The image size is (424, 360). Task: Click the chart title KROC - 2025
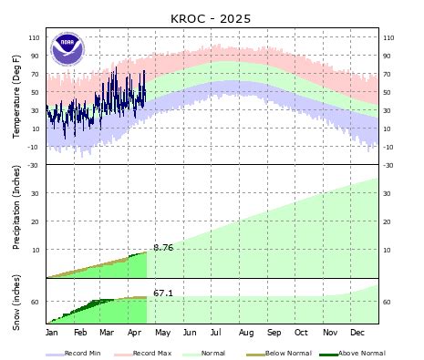pyautogui.click(x=211, y=18)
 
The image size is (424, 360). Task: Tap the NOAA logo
pyautogui.click(x=67, y=48)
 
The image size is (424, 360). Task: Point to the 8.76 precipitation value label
pyautogui.click(x=163, y=248)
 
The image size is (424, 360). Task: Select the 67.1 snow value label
pyautogui.click(x=163, y=293)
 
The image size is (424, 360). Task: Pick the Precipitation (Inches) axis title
pyautogui.click(x=16, y=221)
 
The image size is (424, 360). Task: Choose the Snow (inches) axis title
pyautogui.click(x=16, y=301)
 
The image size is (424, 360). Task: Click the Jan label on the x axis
pyautogui.click(x=53, y=334)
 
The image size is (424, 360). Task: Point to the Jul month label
pyautogui.click(x=218, y=334)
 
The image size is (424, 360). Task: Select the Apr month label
pyautogui.click(x=134, y=334)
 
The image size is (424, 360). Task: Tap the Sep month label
pyautogui.click(x=274, y=334)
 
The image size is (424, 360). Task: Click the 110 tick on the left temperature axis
pyautogui.click(x=35, y=37)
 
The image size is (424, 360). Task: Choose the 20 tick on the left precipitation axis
pyautogui.click(x=36, y=221)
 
